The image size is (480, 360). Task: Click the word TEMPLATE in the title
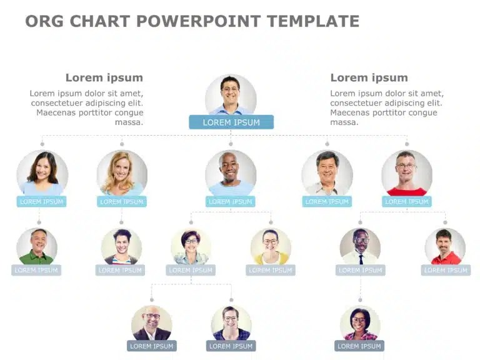click(x=313, y=21)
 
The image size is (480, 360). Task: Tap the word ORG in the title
click(x=44, y=21)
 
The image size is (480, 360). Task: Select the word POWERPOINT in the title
click(x=198, y=21)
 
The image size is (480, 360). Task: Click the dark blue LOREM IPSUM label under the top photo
click(x=231, y=122)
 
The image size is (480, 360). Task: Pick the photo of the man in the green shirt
click(x=37, y=246)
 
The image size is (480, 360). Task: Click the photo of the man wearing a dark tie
click(x=360, y=246)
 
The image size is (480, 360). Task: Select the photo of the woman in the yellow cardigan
click(x=271, y=246)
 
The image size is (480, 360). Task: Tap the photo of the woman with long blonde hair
click(x=122, y=173)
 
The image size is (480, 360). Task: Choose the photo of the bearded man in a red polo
click(x=445, y=246)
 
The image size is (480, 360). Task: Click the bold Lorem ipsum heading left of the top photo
click(x=104, y=77)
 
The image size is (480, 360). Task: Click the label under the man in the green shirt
click(x=36, y=270)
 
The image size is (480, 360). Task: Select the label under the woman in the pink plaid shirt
click(x=359, y=346)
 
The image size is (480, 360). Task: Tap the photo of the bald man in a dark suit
click(x=151, y=323)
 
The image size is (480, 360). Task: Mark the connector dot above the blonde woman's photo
click(x=122, y=144)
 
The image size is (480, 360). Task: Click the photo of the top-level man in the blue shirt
click(x=231, y=95)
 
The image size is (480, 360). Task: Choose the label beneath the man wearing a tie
click(x=360, y=270)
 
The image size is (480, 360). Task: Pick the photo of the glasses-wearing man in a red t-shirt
click(x=407, y=173)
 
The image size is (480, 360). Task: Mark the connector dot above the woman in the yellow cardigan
click(x=271, y=222)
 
